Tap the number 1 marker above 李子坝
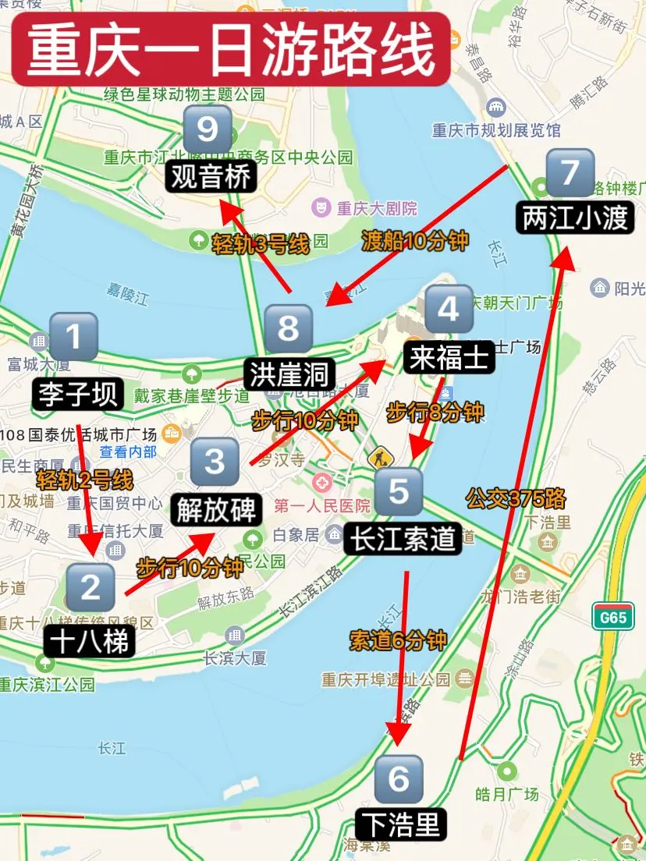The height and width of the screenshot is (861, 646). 73,337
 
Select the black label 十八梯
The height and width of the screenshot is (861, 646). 91,641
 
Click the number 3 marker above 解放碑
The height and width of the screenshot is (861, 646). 215,462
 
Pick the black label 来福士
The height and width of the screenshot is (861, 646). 449,358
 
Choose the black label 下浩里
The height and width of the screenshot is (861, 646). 403,824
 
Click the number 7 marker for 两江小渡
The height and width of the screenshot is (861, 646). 570,172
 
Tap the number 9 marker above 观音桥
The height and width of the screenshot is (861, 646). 208,129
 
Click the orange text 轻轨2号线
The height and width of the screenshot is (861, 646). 84,477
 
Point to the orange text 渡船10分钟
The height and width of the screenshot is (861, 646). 415,241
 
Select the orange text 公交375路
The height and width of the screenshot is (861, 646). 516,498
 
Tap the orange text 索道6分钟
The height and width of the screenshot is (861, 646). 398,640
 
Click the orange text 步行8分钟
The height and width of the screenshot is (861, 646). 435,412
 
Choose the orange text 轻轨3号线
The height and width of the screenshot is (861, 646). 261,245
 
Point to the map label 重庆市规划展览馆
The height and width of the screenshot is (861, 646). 496,130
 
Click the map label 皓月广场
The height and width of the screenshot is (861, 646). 506,794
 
